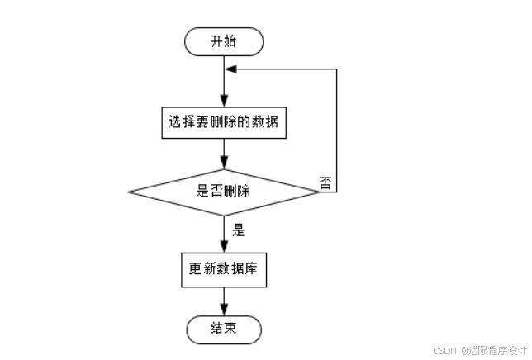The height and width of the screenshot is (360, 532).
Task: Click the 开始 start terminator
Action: click(x=224, y=41)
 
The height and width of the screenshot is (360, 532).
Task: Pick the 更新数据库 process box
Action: click(x=224, y=270)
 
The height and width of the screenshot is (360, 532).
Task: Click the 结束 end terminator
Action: click(x=224, y=329)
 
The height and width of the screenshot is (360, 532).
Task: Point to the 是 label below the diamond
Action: click(x=239, y=230)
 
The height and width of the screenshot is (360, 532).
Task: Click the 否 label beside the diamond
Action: click(x=325, y=183)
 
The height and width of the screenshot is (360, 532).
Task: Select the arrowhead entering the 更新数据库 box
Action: click(x=224, y=249)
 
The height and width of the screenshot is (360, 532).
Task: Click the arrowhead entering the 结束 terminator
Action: click(x=224, y=312)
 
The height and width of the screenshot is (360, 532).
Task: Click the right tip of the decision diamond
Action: click(x=320, y=192)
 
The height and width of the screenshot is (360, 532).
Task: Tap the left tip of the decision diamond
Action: click(x=128, y=192)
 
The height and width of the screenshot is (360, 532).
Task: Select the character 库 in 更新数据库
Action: click(x=254, y=270)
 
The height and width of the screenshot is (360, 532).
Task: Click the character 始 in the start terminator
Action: click(x=232, y=41)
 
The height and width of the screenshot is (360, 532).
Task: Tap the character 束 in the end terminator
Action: click(x=232, y=329)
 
